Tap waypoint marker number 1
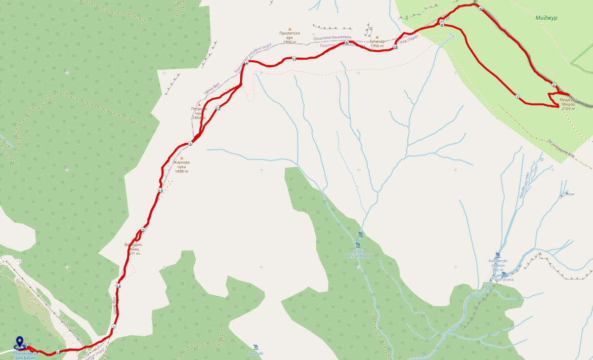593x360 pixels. (114, 326)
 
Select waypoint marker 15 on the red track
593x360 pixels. (58, 352)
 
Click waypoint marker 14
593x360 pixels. (118, 286)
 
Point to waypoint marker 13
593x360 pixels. (160, 191)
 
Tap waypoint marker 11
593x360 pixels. (294, 59)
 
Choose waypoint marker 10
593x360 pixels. (395, 47)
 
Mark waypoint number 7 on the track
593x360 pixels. (517, 97)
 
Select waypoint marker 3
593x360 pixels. (190, 144)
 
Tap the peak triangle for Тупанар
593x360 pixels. (377, 37)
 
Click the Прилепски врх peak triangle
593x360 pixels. (290, 29)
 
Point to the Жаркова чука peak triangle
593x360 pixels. (181, 158)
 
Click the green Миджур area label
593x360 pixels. (546, 18)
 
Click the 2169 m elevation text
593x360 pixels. (568, 109)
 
